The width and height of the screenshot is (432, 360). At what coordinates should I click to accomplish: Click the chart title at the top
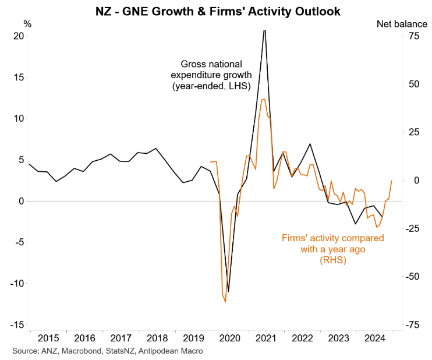[x=215, y=10]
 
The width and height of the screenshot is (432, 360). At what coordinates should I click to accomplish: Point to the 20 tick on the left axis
[x=19, y=36]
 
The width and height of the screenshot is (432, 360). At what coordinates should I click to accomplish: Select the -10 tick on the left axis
[x=16, y=284]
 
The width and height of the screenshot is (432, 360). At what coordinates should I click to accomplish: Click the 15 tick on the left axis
[x=19, y=77]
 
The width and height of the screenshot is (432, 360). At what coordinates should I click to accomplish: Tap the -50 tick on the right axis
[x=413, y=277]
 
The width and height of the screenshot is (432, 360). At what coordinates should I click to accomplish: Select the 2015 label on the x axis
[x=48, y=338]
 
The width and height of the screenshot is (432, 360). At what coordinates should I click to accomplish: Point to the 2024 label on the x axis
[x=373, y=338]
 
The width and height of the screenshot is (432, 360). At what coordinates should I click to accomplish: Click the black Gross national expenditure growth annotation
[x=211, y=75]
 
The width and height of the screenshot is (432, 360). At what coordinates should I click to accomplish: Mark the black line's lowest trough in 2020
[x=228, y=291]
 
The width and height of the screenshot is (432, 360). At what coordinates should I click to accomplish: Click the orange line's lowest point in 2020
[x=225, y=302]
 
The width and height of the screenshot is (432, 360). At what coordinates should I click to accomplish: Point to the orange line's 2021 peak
[x=264, y=99]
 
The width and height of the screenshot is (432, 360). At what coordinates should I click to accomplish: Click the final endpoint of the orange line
[x=391, y=181]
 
